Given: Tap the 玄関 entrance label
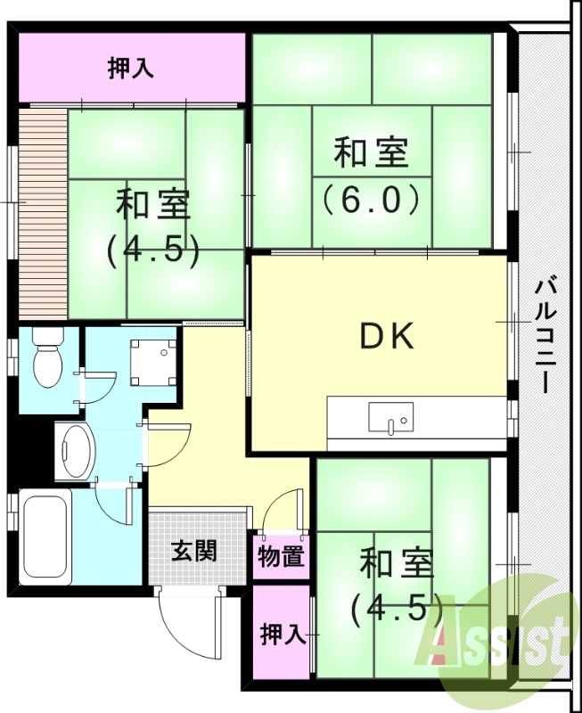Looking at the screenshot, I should coord(193,551).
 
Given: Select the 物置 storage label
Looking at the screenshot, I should coord(282,557).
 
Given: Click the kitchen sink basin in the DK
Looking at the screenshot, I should coord(389,417).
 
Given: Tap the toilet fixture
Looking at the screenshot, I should coord(45,357).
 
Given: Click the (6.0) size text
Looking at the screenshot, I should coord(371,198).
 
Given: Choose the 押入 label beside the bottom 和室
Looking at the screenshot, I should coord(283,635).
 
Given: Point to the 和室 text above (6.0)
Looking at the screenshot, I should coord(371,153).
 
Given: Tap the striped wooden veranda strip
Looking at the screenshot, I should coord(40,212).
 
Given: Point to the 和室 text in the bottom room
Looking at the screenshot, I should coord(397,564).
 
